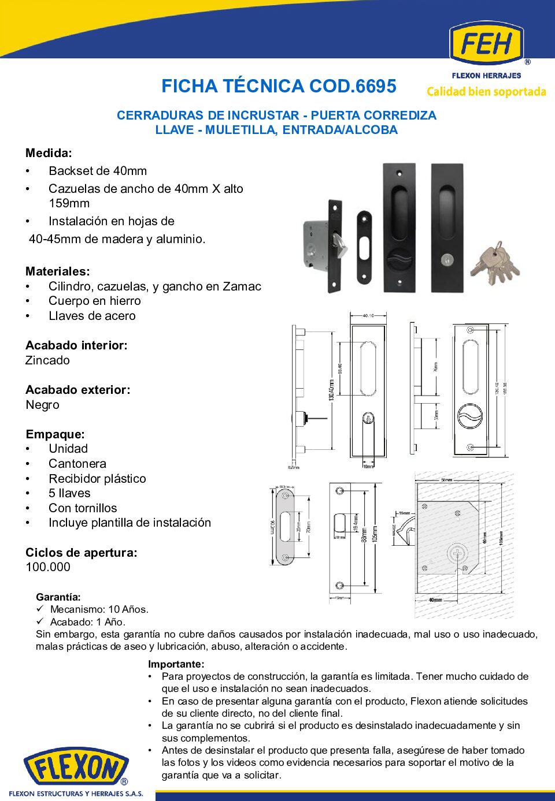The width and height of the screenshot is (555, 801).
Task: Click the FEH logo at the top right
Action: tap(486, 44)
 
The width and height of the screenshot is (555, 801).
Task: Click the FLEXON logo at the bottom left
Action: tap(76, 769)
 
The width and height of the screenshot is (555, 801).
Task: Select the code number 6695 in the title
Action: tap(376, 87)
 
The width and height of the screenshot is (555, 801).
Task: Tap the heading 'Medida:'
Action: tap(49, 153)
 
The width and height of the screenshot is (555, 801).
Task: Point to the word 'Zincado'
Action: tap(47, 360)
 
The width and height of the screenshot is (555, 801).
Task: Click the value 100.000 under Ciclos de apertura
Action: tap(48, 567)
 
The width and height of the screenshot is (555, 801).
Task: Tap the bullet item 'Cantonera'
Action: tap(77, 464)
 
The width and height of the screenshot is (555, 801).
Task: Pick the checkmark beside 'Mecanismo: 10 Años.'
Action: tap(40, 609)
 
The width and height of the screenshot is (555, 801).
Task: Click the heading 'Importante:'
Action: tap(176, 664)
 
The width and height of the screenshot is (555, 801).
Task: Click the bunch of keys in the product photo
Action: tap(495, 264)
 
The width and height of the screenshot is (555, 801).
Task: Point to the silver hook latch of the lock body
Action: tap(341, 248)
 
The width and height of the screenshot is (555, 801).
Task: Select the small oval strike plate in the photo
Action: tap(364, 247)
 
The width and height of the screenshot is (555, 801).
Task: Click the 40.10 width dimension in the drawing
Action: tap(368, 316)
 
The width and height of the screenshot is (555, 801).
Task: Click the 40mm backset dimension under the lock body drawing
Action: tap(435, 600)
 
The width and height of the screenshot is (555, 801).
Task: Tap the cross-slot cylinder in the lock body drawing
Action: tap(457, 554)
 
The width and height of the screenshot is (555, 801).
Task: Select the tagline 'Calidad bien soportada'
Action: tap(486, 92)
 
